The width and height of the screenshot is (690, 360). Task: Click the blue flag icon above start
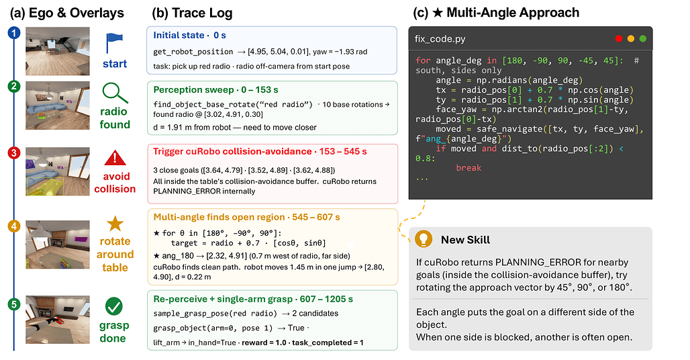[113, 43]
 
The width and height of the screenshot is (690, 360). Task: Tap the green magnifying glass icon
[115, 93]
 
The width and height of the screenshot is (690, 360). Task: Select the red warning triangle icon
[115, 158]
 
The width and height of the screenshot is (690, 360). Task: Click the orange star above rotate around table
[115, 224]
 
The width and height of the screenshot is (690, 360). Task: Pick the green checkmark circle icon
[114, 306]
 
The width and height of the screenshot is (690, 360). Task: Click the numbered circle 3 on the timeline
[13, 152]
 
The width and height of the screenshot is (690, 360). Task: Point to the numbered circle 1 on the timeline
[14, 32]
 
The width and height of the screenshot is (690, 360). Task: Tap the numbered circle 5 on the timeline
[14, 304]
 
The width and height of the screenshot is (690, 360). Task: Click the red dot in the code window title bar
[619, 39]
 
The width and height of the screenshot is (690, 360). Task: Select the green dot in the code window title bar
[643, 39]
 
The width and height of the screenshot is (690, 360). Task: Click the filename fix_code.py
[440, 39]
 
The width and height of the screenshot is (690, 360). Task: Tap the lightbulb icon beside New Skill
[424, 239]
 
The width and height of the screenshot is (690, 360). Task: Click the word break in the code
[469, 168]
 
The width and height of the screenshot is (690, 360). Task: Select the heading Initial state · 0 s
[190, 35]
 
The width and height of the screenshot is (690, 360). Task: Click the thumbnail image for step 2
[58, 105]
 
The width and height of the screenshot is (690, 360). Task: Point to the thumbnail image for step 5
[58, 320]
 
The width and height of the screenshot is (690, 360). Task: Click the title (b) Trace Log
[192, 13]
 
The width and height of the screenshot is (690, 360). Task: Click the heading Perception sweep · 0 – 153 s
[215, 90]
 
